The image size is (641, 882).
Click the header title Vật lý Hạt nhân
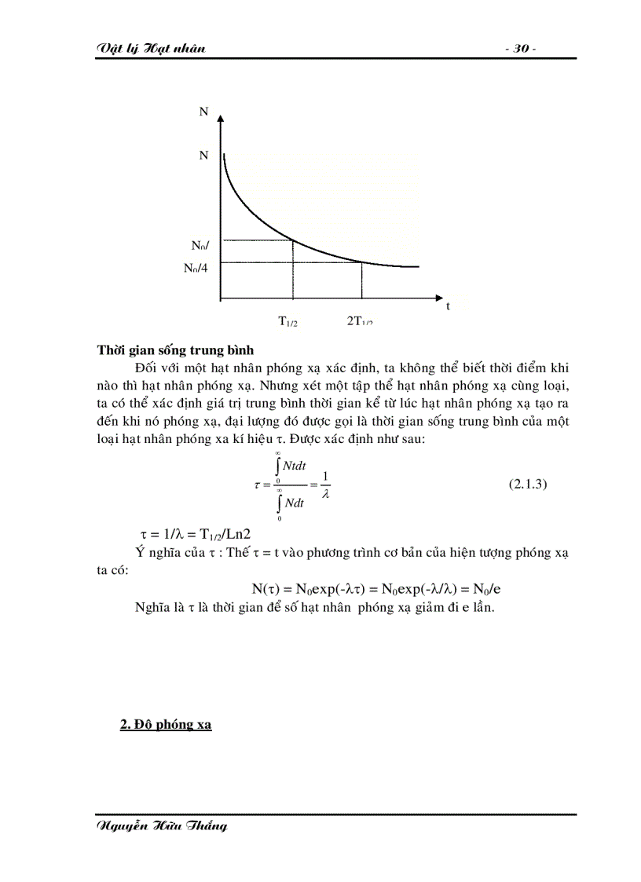(150, 49)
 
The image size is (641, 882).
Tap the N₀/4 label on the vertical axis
(201, 267)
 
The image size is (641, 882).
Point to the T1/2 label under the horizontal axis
(288, 320)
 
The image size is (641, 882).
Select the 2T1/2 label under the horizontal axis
(360, 320)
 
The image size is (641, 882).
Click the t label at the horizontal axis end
(448, 306)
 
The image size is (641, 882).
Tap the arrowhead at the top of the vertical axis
(220, 119)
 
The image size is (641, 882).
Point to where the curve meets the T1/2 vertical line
(293, 240)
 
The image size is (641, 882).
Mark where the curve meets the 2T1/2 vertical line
(361, 262)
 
